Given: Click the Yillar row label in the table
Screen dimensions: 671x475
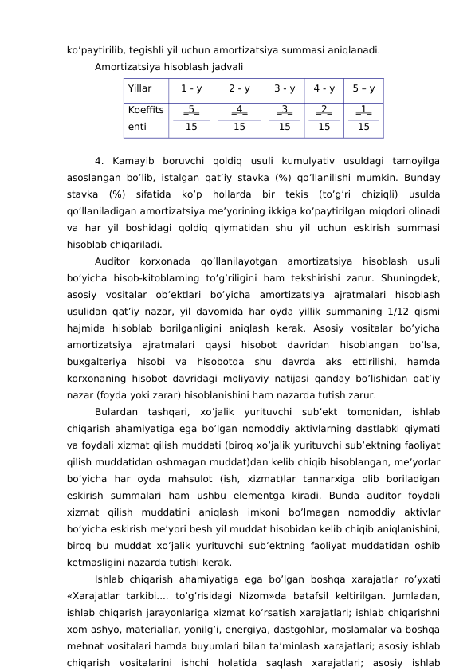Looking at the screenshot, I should tap(139, 88).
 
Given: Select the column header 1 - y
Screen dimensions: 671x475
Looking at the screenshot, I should tap(191, 88).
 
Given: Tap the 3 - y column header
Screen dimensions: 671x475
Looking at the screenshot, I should tap(285, 88).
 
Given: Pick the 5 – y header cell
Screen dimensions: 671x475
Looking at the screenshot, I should tap(363, 88).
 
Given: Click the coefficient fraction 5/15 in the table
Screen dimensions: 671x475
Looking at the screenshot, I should tap(191, 117).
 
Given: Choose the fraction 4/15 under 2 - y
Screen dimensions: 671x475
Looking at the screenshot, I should tap(239, 117).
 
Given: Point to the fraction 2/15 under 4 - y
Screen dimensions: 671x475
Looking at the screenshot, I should tap(324, 117).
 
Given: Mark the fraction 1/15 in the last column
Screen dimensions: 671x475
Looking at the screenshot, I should tap(363, 117).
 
